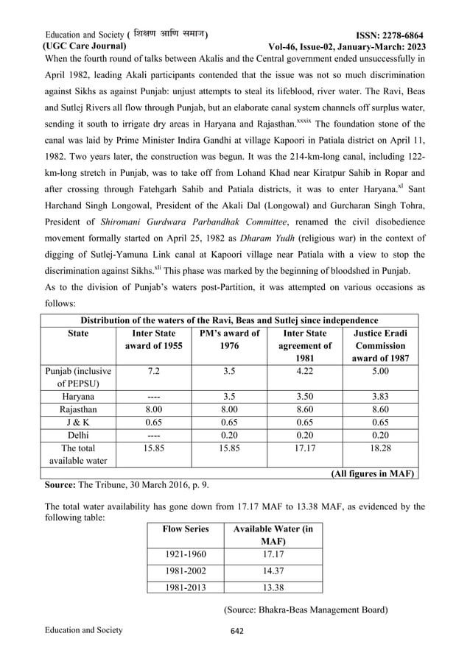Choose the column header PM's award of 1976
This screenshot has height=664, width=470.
click(x=229, y=339)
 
